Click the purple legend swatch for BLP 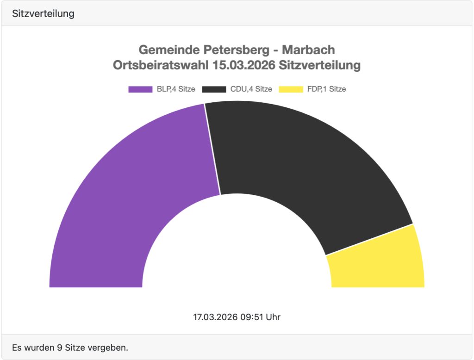[140, 89]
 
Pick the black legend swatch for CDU [214, 89]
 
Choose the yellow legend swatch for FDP [291, 89]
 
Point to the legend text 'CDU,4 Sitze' [251, 89]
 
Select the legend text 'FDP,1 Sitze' [326, 89]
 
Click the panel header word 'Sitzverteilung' [44, 13]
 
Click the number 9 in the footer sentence [67, 347]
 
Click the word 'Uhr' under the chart [273, 317]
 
